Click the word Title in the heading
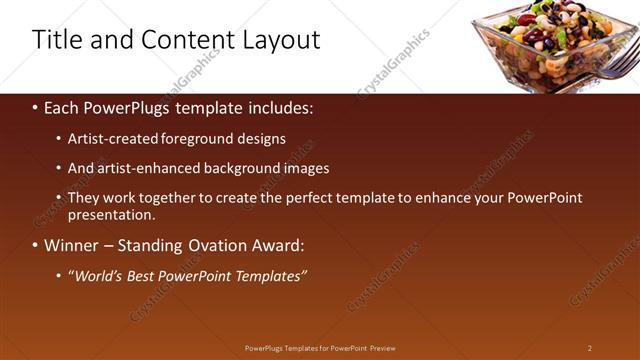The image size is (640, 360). coord(56,40)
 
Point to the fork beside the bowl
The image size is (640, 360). coord(618,68)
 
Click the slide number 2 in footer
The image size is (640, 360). coord(590,348)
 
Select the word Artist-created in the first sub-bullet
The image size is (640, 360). coord(111,139)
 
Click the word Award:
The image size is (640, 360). coord(278,245)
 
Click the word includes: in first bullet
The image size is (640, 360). coord(279,107)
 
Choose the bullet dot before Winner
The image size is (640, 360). coord(35,246)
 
